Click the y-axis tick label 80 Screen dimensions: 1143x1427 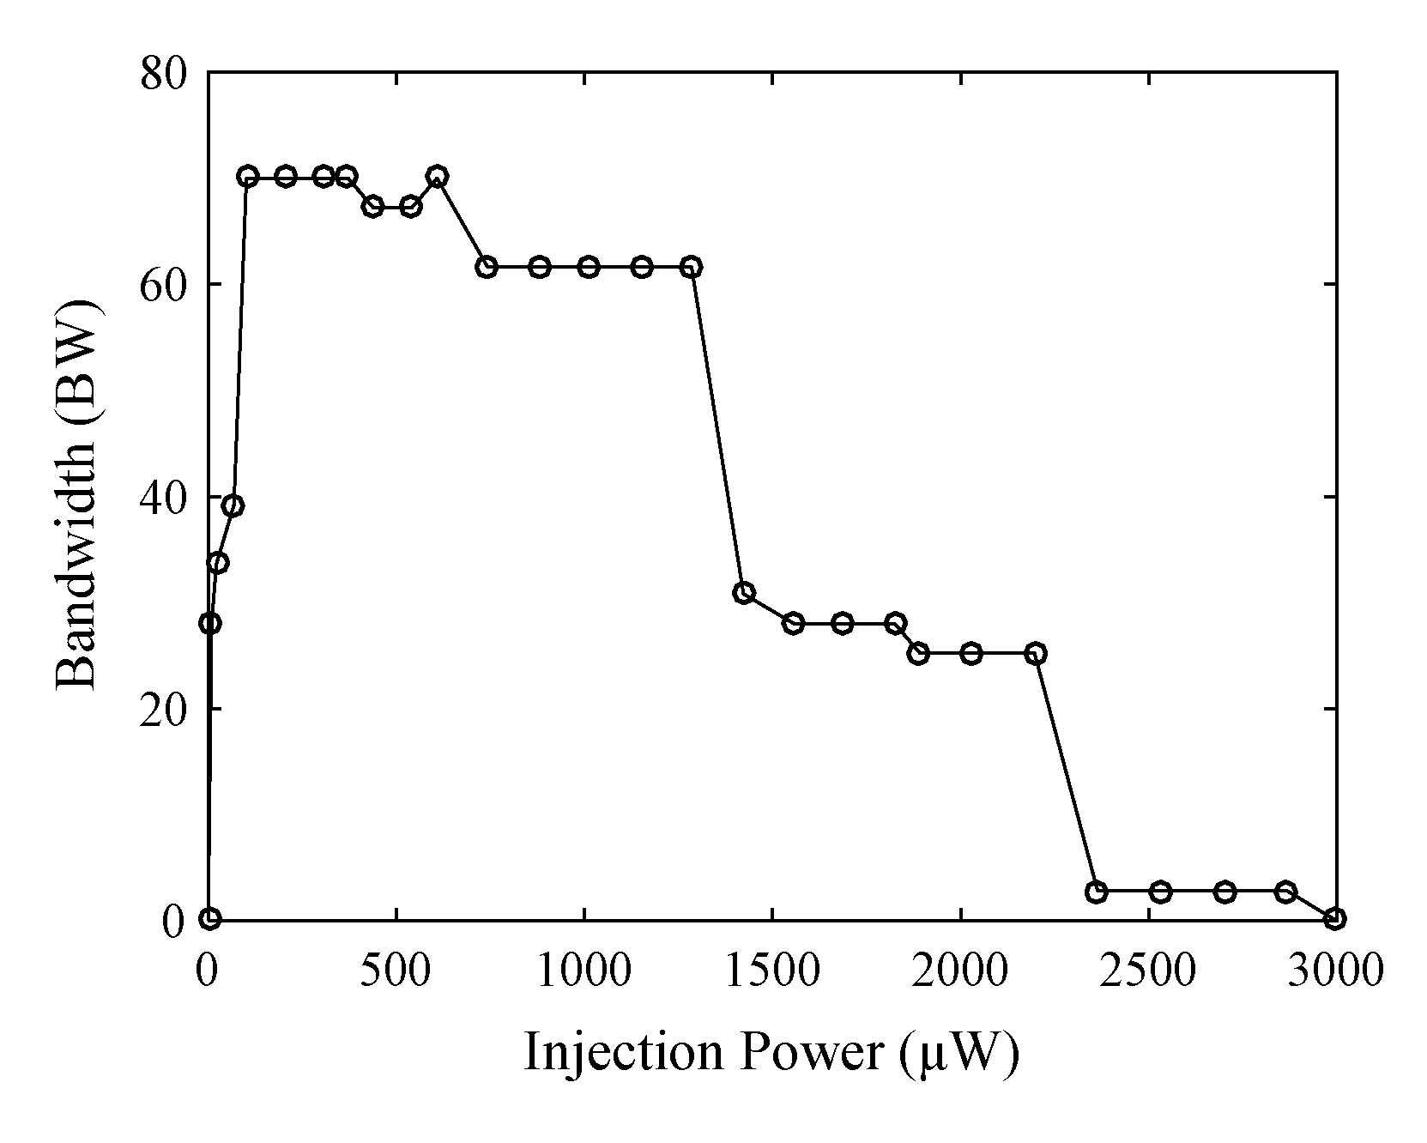pos(163,74)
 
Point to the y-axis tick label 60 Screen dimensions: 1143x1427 pos(163,285)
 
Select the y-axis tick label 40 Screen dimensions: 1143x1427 pos(163,497)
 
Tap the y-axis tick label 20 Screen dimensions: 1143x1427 pos(163,709)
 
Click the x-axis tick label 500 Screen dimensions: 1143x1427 pos(396,971)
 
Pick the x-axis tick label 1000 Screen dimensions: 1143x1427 pos(584,971)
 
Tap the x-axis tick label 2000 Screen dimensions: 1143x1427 pos(960,971)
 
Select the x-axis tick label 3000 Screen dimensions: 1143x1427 pos(1336,971)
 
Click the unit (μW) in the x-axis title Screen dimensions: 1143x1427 pos(960,1052)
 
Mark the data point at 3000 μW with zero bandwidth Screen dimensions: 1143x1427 pos(1334,919)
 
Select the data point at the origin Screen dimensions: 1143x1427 pos(210,919)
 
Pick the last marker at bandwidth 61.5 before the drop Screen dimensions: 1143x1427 pos(692,267)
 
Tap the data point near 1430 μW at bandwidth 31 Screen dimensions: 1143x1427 pos(744,592)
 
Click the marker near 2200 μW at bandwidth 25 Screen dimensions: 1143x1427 pos(1036,654)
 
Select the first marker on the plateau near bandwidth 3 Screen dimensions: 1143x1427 pos(1096,892)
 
